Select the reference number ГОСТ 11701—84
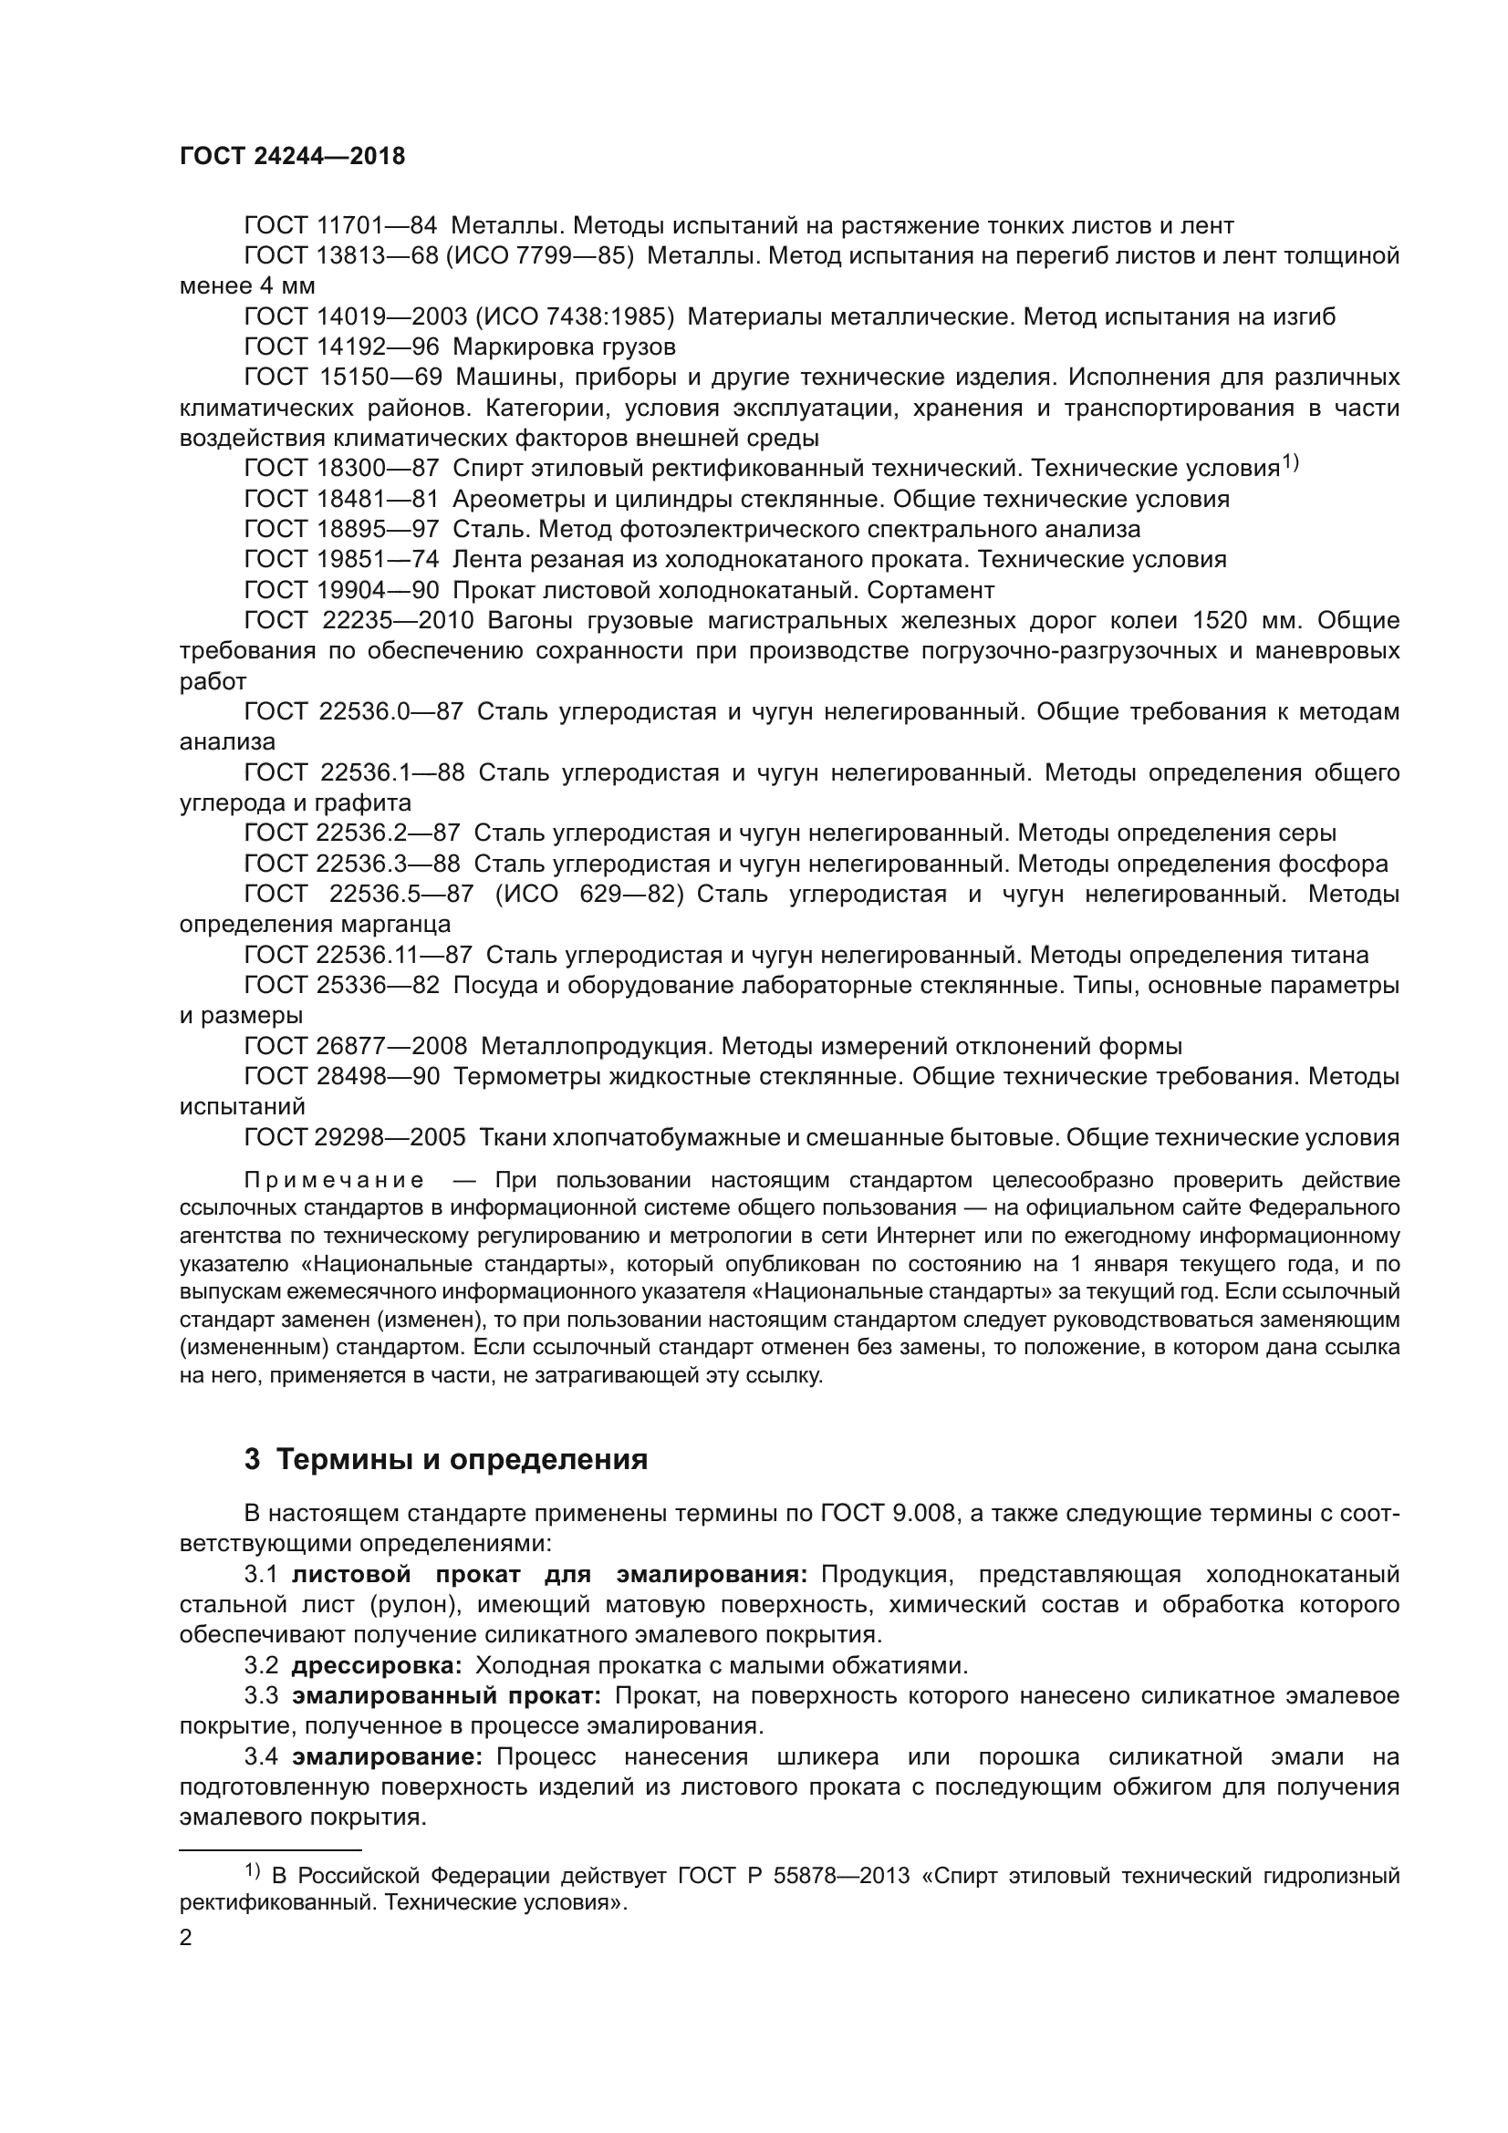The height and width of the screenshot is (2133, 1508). [x=340, y=225]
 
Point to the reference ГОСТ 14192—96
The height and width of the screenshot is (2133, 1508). [x=340, y=347]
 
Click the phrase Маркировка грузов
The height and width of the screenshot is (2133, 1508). [x=563, y=347]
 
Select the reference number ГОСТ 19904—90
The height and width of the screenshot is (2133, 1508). [x=340, y=590]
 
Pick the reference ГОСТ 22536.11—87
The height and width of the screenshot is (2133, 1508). [x=358, y=955]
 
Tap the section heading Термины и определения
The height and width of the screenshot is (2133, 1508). [x=462, y=1459]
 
